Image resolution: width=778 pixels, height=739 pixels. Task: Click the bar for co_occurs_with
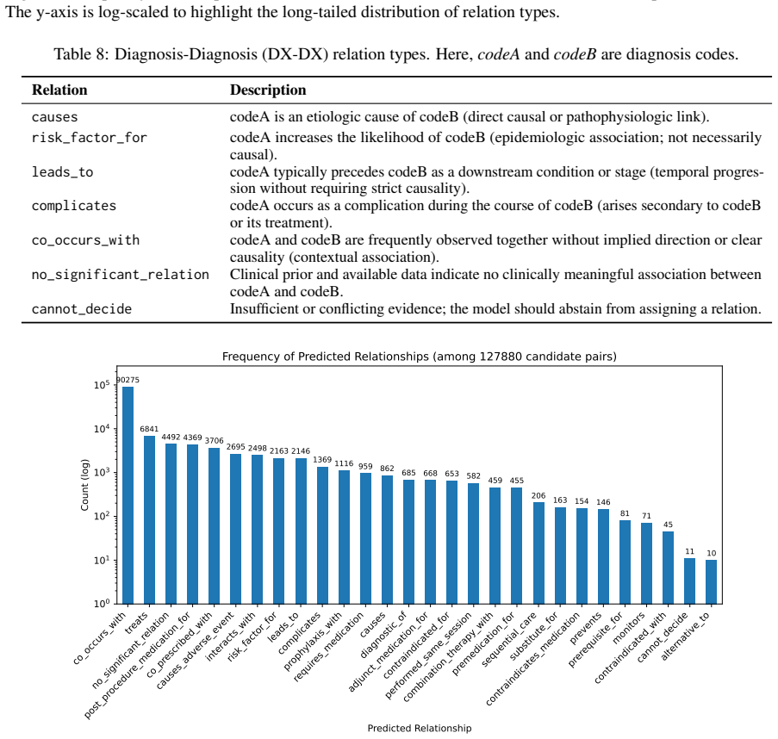(x=128, y=495)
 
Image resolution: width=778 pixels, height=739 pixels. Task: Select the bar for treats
(x=149, y=519)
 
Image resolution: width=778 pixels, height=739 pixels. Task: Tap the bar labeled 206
(x=538, y=553)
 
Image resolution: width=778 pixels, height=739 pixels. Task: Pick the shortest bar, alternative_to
(x=711, y=581)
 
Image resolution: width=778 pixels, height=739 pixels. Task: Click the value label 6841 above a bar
(x=149, y=429)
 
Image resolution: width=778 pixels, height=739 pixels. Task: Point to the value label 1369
(x=322, y=460)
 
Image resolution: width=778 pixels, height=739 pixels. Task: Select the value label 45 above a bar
(x=668, y=525)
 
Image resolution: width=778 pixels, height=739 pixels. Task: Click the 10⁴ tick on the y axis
(x=102, y=429)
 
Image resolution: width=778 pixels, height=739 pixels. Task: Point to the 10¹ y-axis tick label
(x=102, y=560)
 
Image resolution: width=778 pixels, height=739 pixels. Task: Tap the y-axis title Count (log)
(x=84, y=485)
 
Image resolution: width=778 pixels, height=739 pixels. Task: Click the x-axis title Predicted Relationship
(x=420, y=728)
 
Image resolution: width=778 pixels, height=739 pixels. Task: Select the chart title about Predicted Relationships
(x=420, y=356)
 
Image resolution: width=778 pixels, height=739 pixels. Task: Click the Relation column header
(x=59, y=90)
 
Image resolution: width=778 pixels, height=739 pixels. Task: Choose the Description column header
(x=268, y=90)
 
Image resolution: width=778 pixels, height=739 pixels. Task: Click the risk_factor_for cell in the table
(x=90, y=138)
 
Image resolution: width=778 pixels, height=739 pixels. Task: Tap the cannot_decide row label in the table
(x=82, y=309)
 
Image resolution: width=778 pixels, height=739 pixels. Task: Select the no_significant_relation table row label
(x=121, y=275)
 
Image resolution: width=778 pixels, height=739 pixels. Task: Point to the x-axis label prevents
(x=586, y=628)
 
